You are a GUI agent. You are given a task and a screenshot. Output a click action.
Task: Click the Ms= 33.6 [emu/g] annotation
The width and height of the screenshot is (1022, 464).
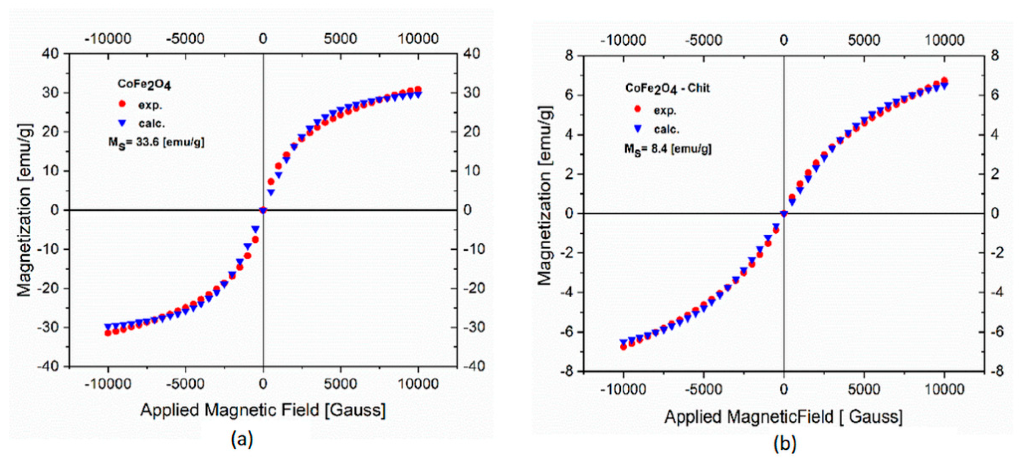tap(156, 142)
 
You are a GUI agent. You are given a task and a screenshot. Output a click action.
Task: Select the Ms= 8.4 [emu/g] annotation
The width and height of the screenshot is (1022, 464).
tap(668, 149)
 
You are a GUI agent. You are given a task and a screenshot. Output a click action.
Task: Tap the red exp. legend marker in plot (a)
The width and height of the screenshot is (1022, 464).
tap(122, 104)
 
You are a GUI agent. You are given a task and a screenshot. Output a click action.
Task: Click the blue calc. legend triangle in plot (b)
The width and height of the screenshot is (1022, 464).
tap(638, 128)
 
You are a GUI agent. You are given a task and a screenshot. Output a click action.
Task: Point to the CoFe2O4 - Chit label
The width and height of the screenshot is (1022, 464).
tap(667, 88)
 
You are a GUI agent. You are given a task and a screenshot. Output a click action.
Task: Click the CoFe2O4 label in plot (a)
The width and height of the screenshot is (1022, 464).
tap(144, 84)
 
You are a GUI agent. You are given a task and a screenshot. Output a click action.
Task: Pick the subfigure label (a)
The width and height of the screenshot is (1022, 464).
tap(242, 439)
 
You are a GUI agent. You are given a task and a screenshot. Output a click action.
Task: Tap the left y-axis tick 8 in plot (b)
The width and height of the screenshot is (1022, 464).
tap(569, 56)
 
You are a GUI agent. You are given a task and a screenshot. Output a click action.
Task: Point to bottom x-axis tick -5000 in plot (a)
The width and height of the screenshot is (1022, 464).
tap(185, 384)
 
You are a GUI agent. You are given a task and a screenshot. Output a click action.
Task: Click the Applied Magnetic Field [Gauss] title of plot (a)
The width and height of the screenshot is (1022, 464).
tap(263, 410)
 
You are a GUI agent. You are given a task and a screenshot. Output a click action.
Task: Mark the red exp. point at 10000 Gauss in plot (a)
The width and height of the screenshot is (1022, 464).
tap(418, 90)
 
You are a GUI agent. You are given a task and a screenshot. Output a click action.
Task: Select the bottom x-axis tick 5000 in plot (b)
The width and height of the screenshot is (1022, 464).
tap(864, 389)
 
